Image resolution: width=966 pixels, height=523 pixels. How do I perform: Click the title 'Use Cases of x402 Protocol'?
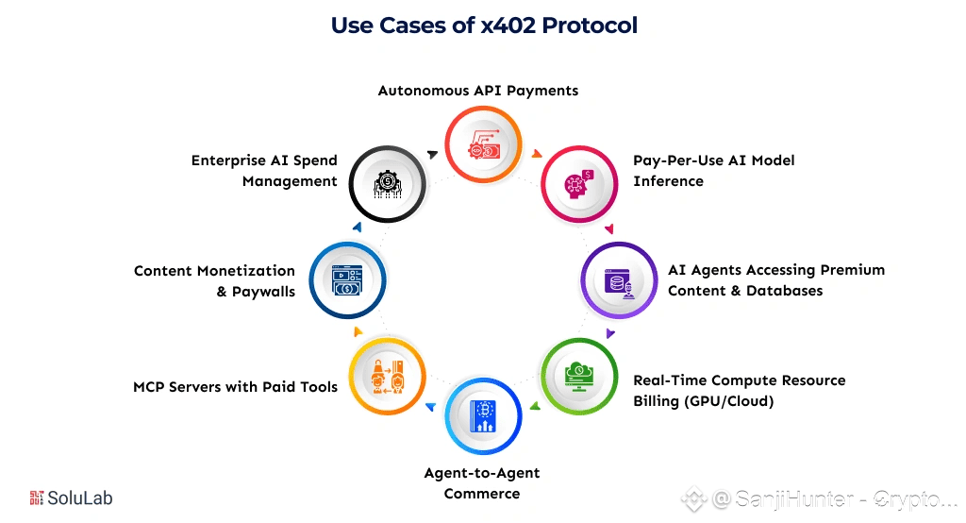[483, 25]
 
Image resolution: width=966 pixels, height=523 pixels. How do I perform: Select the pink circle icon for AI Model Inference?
[576, 181]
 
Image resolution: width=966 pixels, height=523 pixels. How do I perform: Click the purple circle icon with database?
[616, 279]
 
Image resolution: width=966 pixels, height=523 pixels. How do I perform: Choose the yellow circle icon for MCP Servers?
[387, 376]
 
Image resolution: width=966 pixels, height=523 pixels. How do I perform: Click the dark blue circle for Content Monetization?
[347, 278]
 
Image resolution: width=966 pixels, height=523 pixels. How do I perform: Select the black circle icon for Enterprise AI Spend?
[387, 182]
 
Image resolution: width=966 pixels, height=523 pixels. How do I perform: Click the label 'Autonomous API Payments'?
[478, 91]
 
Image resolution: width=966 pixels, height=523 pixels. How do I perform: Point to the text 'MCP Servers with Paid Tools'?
[235, 386]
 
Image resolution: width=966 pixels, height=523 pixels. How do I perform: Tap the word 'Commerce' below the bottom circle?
[481, 494]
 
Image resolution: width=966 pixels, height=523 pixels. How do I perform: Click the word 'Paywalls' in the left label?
[263, 292]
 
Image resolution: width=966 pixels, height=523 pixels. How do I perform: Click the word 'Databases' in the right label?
[785, 291]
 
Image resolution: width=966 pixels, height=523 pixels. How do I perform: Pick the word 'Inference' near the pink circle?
[668, 181]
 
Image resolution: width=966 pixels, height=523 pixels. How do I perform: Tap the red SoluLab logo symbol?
[37, 498]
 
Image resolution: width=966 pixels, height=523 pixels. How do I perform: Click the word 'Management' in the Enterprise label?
[290, 181]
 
